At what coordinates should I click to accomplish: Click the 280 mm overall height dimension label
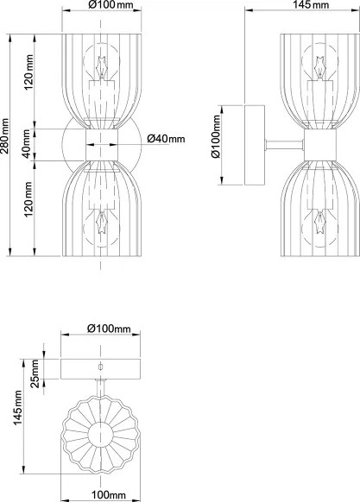(4, 136)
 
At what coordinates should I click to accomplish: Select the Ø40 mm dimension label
(166, 139)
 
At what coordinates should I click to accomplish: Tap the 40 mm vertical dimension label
(27, 143)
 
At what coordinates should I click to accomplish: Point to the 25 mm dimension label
(35, 373)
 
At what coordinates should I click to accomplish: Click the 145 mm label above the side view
(311, 5)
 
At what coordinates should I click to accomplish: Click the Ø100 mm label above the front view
(110, 5)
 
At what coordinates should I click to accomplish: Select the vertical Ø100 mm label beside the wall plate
(216, 136)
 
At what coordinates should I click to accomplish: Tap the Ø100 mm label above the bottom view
(109, 328)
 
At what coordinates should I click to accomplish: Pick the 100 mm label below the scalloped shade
(109, 495)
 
